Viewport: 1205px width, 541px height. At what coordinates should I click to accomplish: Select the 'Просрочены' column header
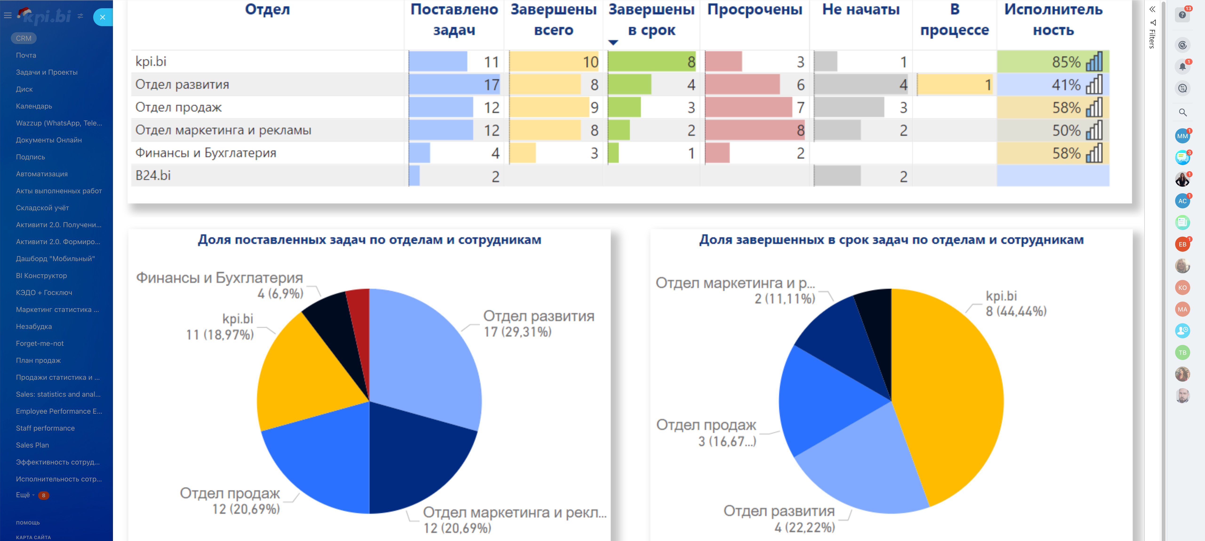click(755, 9)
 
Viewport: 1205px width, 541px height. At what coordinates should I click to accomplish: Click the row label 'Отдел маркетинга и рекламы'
click(223, 130)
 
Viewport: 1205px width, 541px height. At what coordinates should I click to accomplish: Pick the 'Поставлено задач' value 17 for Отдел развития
click(491, 85)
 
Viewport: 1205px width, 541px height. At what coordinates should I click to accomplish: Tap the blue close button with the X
click(102, 17)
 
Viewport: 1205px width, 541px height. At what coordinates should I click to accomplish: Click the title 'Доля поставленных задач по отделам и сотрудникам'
click(369, 240)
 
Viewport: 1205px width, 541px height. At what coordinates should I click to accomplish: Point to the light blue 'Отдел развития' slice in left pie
click(421, 356)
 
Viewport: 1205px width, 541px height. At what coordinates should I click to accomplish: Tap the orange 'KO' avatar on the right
click(1182, 287)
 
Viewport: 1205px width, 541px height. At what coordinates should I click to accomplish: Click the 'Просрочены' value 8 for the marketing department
click(800, 130)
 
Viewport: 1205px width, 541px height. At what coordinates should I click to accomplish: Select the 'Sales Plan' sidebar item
click(32, 445)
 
